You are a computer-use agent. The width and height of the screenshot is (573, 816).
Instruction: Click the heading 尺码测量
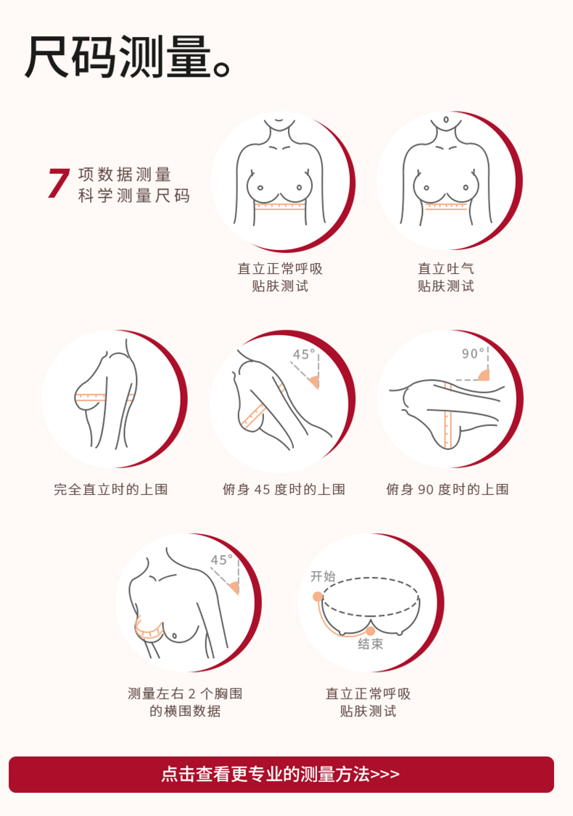[x=119, y=57]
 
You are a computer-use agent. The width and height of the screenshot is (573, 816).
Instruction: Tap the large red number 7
[x=58, y=183]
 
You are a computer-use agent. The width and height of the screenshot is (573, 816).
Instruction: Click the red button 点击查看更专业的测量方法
[x=281, y=775]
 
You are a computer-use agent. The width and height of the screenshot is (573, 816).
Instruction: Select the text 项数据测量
[x=125, y=175]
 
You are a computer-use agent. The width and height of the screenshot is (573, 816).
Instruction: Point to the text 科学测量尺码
[x=134, y=196]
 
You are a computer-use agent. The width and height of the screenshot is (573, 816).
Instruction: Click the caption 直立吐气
[x=446, y=269]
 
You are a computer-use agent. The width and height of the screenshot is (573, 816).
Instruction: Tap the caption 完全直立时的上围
[x=111, y=489]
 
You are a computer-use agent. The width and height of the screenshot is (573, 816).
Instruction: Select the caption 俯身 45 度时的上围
[x=284, y=489]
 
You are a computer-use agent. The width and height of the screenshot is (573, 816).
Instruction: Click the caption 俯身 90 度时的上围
[x=448, y=489]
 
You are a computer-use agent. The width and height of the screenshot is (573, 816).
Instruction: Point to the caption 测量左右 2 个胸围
[x=185, y=694]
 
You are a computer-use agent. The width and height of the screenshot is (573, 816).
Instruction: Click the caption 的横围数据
[x=185, y=711]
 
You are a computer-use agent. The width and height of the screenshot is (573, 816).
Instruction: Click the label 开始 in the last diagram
[x=323, y=576]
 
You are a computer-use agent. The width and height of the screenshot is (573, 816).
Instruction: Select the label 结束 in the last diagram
[x=371, y=644]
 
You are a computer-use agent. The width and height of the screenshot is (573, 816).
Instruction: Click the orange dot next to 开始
[x=317, y=596]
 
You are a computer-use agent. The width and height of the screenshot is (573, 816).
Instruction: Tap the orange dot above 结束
[x=371, y=631]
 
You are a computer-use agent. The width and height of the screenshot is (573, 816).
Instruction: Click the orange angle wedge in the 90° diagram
[x=485, y=375]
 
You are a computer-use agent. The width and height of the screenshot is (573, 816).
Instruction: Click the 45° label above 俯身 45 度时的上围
[x=304, y=354]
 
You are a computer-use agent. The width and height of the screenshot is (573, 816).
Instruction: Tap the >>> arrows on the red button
[x=384, y=775]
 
